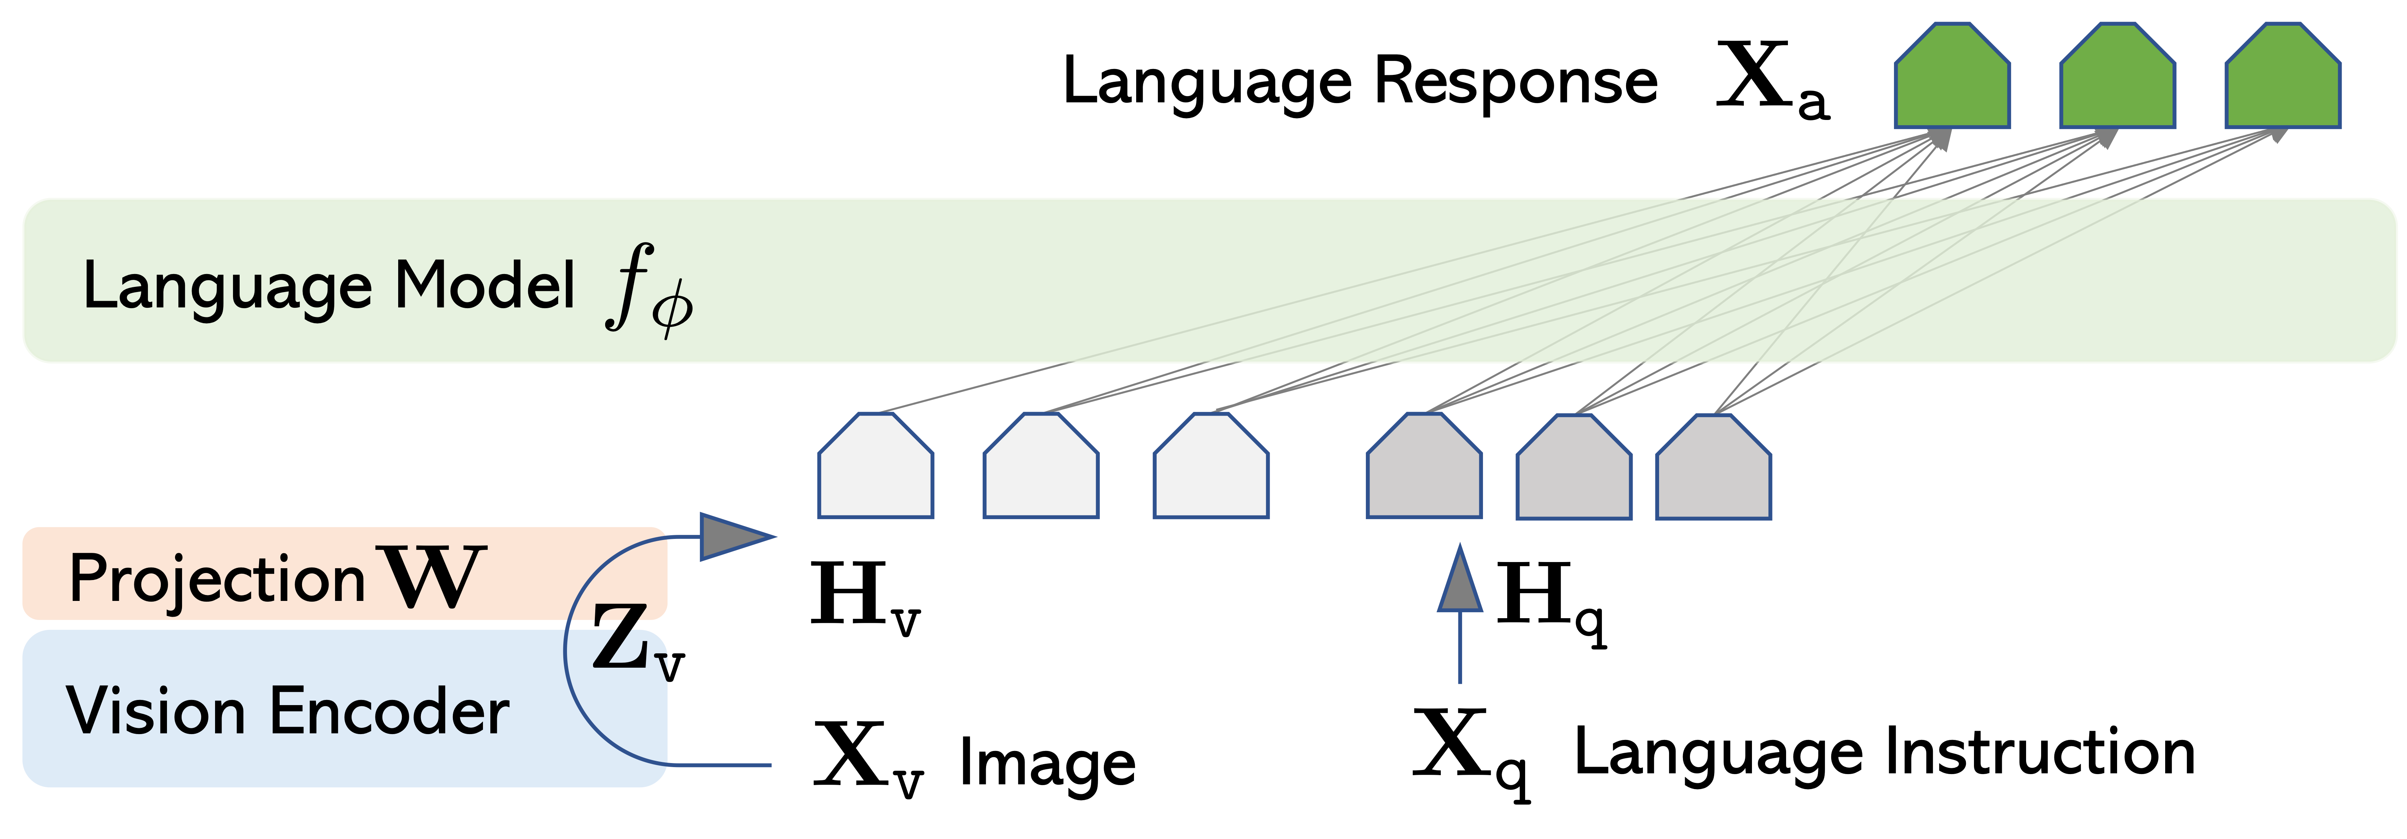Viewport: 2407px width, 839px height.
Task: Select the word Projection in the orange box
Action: (217, 579)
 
